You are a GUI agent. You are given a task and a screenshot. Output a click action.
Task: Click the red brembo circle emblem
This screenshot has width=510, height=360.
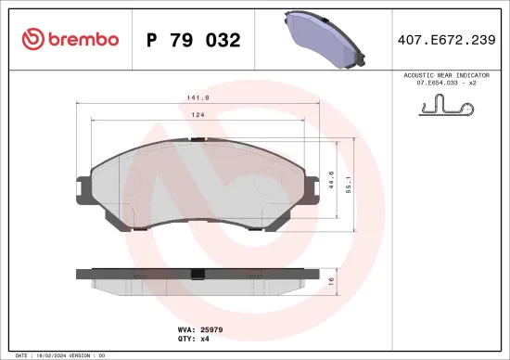tap(31, 39)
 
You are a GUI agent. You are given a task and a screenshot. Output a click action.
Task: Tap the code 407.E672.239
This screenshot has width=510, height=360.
tap(448, 40)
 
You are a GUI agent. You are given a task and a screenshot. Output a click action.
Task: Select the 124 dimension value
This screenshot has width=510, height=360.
tap(198, 114)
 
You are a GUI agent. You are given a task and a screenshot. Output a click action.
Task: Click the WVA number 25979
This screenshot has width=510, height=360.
tap(212, 328)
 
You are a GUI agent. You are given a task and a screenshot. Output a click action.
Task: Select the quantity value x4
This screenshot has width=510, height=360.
tap(206, 339)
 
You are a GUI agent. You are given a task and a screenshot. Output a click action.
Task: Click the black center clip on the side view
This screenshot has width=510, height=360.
tap(197, 273)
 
